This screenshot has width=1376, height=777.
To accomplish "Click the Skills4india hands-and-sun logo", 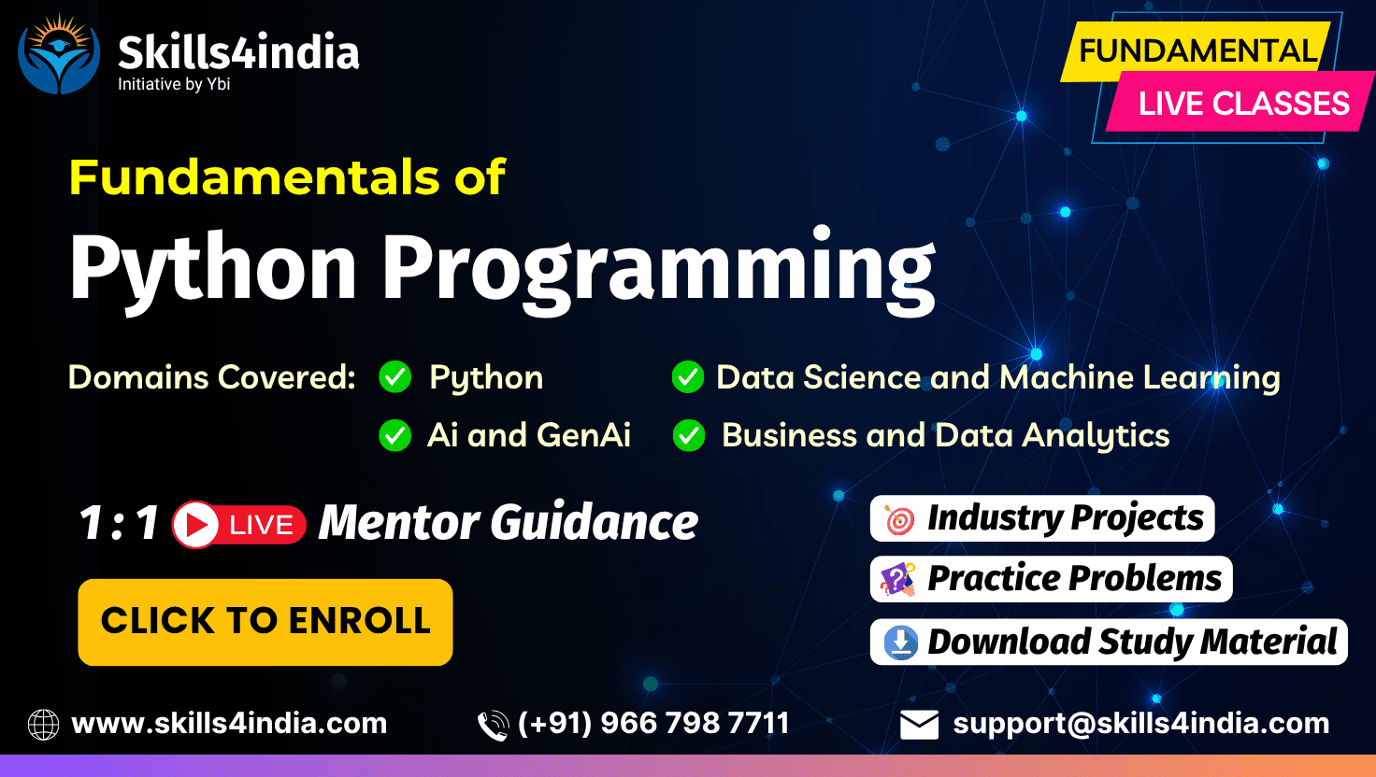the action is [59, 54].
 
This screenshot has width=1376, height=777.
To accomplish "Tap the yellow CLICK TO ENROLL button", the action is [265, 622].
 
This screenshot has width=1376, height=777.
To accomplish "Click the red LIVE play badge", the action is [239, 524].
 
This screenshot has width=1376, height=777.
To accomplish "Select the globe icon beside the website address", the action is [44, 724].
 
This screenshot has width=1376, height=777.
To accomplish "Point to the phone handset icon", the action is [494, 726].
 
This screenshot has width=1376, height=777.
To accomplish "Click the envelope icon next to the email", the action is [919, 725].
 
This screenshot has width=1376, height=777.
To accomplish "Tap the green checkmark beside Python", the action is [395, 377].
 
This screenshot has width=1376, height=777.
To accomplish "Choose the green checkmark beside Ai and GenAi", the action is [395, 435].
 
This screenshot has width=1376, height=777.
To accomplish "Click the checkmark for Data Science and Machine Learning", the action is [688, 377].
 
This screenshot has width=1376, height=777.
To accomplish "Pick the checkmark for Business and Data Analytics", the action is [689, 435].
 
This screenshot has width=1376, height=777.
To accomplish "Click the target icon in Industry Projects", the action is [898, 519].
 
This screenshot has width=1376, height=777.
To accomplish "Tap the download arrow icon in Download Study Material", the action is [900, 643].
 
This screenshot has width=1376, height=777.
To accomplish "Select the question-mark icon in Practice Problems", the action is [897, 579].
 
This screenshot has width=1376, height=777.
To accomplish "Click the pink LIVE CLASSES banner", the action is [1240, 102].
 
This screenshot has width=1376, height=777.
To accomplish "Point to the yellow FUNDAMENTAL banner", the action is [1196, 50].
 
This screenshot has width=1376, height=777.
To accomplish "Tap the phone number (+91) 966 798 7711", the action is [653, 723].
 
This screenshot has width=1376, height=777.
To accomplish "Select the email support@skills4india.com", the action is [1141, 724].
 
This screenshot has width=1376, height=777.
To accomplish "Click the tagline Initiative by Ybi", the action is [174, 84].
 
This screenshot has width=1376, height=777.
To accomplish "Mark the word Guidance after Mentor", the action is [594, 522].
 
